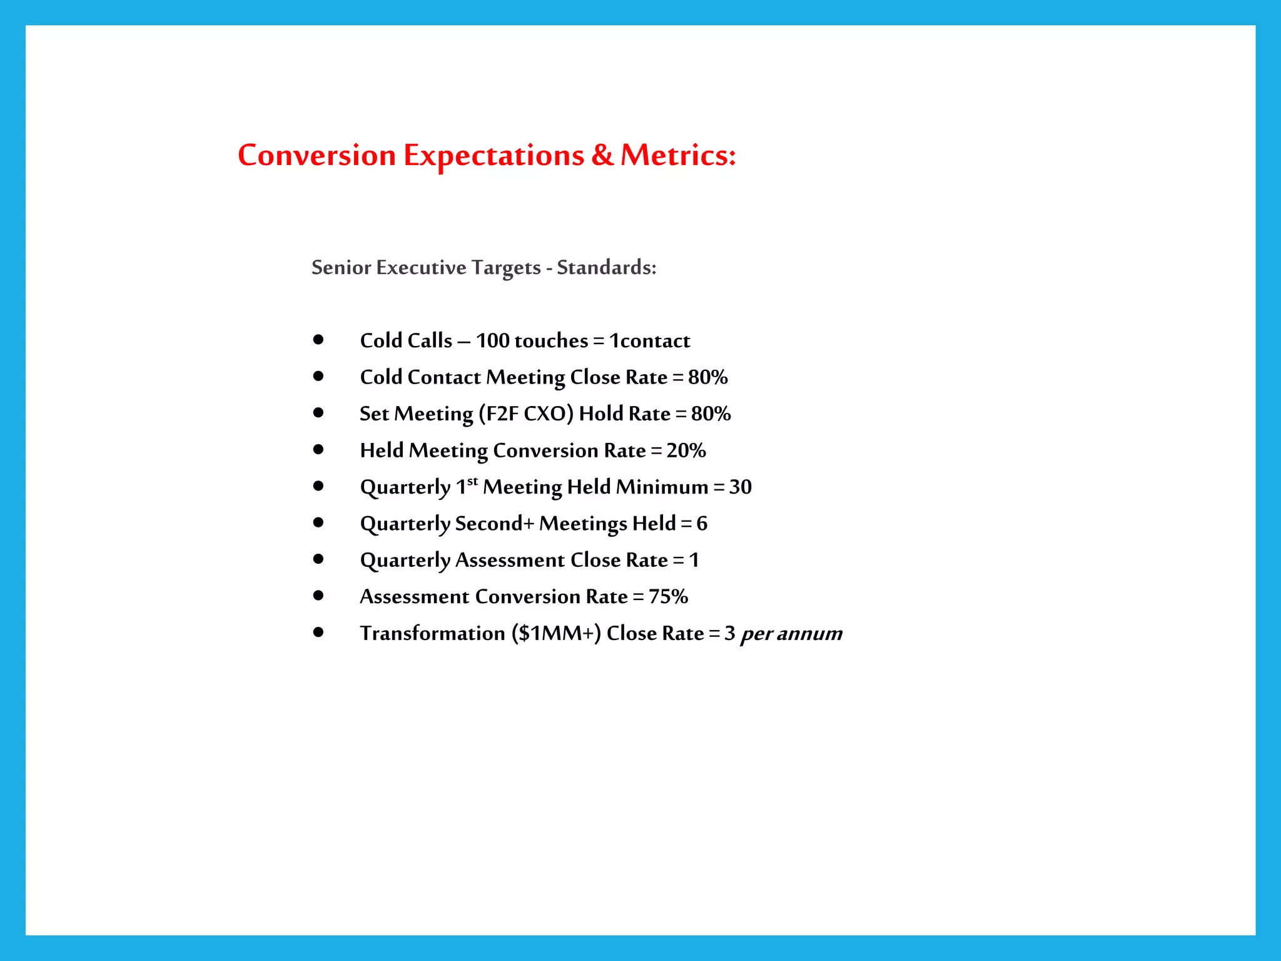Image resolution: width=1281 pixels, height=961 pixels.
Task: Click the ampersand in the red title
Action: [x=602, y=155]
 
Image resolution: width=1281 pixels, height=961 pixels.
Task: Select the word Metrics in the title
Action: [x=678, y=155]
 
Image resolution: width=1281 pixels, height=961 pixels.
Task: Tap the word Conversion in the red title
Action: [x=316, y=155]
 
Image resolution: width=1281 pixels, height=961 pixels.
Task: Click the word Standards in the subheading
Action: [x=606, y=267]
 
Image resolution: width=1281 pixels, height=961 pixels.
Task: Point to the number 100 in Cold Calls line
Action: [x=492, y=340]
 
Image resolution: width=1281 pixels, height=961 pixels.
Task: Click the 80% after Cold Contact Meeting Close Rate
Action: [x=707, y=377]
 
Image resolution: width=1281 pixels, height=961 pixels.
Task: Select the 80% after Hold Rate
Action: [x=711, y=414]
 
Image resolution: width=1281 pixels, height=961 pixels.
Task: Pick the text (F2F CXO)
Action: [x=525, y=414]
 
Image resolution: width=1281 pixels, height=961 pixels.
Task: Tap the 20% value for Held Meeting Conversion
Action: [x=686, y=450]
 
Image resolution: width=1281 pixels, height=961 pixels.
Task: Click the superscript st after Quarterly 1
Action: [x=472, y=481]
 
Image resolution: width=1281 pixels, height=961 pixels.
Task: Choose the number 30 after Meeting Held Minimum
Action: [x=740, y=487]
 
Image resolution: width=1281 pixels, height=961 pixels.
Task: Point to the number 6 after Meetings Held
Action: [x=702, y=523]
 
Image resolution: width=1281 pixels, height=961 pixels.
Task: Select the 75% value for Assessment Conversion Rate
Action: [x=668, y=596]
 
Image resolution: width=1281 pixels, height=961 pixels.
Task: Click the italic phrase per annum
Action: [x=791, y=633]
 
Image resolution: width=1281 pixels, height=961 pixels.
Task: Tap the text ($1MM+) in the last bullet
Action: [x=556, y=633]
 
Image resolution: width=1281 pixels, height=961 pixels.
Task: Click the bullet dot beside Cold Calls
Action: [x=318, y=340]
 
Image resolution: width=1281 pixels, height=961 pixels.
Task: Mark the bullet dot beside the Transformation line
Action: [x=318, y=633]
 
